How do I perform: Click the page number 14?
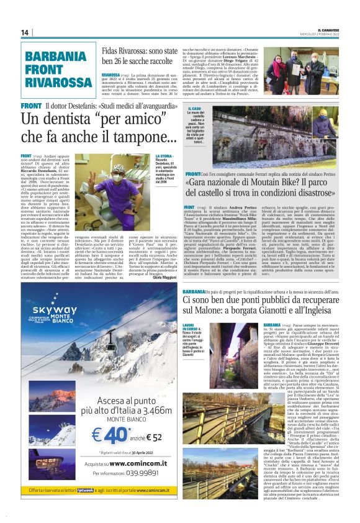[25, 32]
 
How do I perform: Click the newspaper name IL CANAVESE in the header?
[326, 29]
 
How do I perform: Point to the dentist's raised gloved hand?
[88, 170]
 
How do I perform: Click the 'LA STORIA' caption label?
[164, 157]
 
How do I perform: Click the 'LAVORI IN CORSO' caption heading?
[189, 327]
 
